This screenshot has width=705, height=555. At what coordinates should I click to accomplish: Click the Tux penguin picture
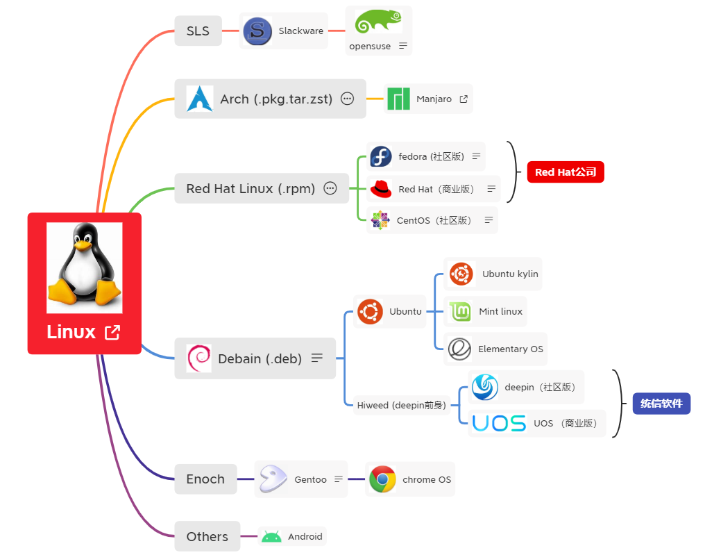(x=84, y=267)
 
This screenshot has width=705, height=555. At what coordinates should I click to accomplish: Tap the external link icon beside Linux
(x=112, y=333)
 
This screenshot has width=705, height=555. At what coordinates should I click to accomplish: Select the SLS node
(x=198, y=31)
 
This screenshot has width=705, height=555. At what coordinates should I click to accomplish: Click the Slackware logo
(x=257, y=31)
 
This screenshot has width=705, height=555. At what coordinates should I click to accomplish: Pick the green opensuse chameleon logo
(x=378, y=22)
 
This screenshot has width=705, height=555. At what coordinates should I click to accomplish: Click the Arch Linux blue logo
(x=200, y=99)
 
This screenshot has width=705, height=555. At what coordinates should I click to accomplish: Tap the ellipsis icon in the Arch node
(x=348, y=99)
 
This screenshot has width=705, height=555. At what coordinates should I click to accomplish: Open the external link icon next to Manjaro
(x=464, y=99)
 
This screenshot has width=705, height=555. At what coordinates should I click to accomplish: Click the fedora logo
(x=381, y=156)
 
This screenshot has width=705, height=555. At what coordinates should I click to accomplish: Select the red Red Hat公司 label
(x=566, y=172)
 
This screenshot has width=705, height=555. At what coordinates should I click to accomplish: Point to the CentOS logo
(x=380, y=220)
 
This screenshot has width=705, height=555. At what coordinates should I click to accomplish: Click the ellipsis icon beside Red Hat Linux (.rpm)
(x=330, y=188)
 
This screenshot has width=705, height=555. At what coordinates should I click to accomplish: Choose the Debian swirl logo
(x=199, y=358)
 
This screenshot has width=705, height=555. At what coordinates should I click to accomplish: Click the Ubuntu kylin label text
(x=510, y=274)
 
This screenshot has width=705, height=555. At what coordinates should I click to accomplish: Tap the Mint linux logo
(x=460, y=311)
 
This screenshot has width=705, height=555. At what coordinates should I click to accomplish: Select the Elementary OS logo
(x=459, y=349)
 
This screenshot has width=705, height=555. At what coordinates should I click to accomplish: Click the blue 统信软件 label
(x=661, y=404)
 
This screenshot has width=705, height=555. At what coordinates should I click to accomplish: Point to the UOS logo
(x=499, y=423)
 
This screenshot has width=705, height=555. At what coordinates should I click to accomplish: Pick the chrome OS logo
(x=382, y=479)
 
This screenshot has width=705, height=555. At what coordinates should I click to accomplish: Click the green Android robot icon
(x=271, y=536)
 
